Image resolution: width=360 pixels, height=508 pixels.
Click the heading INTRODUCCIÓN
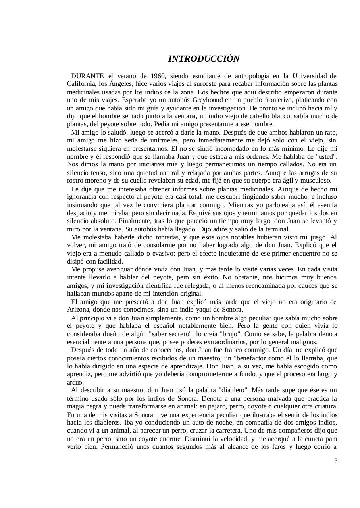coord(204,59)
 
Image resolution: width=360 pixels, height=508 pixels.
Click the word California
coord(82,83)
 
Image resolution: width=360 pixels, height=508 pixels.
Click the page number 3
coord(336,461)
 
